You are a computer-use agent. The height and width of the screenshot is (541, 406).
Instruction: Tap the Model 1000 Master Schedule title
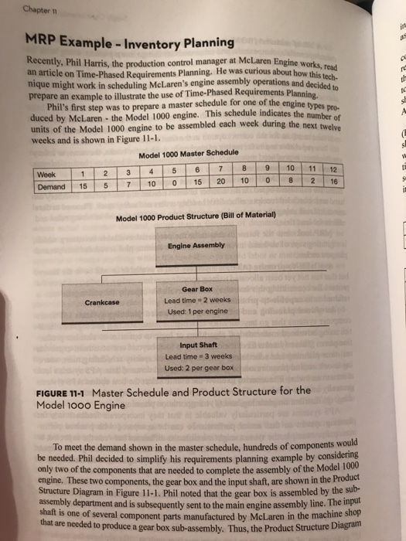pos(183,152)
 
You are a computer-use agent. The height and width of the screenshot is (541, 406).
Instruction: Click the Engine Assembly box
pos(196,245)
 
